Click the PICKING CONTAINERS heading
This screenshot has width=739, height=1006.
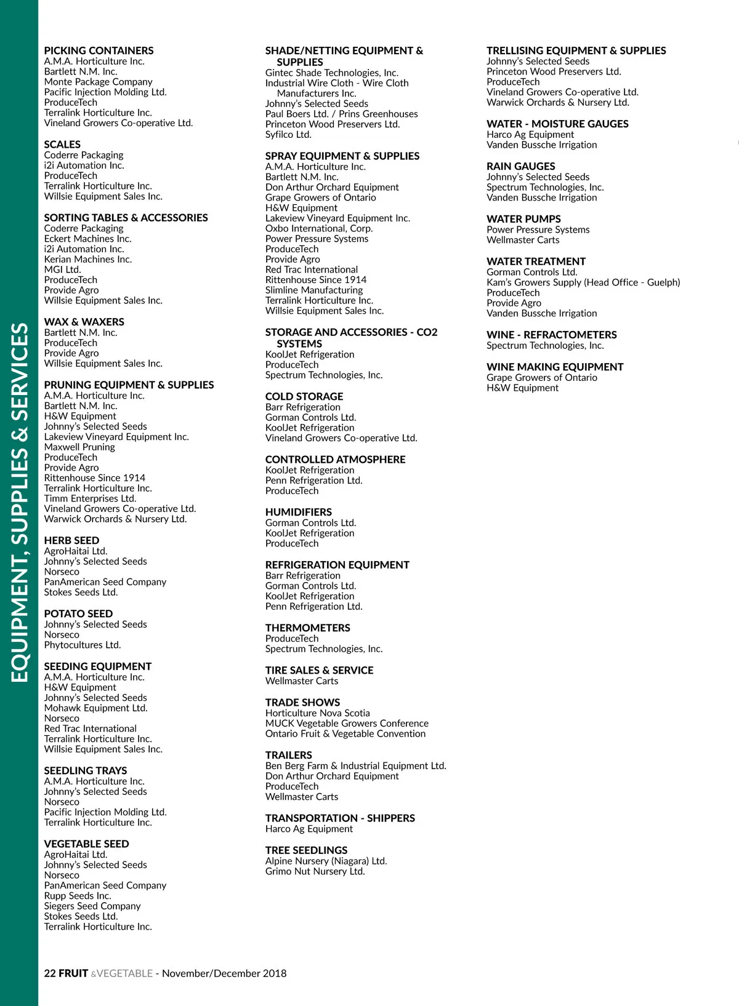click(99, 50)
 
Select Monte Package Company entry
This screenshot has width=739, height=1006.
click(98, 82)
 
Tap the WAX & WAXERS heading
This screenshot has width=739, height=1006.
click(84, 322)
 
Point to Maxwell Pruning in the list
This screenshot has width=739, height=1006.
click(79, 447)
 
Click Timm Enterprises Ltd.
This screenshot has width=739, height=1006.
click(90, 498)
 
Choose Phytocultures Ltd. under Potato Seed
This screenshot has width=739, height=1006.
click(83, 645)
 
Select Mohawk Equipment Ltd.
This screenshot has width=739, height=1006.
click(95, 708)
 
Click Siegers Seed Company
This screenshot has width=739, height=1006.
click(92, 906)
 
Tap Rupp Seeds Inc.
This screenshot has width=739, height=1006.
click(78, 896)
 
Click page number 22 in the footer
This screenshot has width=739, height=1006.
click(50, 973)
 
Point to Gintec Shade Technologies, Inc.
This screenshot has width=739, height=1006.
click(332, 73)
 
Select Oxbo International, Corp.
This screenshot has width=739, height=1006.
click(319, 228)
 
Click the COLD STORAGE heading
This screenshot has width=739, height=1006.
click(304, 396)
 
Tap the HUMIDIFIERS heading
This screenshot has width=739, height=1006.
click(299, 512)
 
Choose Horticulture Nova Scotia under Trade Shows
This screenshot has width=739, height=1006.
click(318, 713)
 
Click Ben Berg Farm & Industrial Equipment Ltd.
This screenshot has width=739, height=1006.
click(356, 766)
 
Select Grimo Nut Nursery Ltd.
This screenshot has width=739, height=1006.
click(315, 871)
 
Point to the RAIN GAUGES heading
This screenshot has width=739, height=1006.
click(521, 166)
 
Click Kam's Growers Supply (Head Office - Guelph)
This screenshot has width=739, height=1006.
click(583, 282)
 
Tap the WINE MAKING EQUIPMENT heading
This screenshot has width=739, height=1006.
click(555, 367)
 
